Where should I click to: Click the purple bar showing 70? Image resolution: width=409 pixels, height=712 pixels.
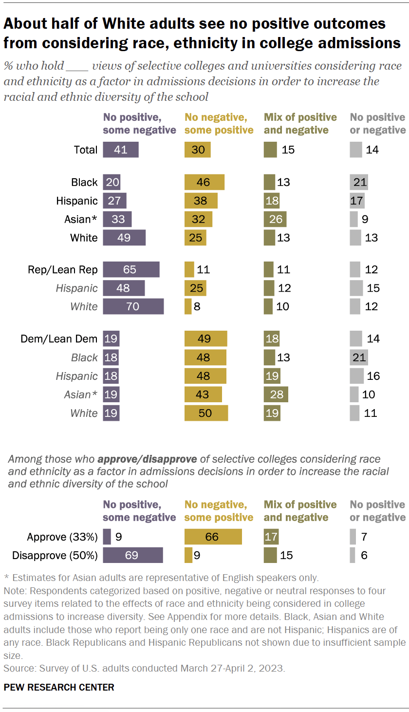133,307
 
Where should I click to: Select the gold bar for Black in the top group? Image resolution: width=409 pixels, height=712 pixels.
204,182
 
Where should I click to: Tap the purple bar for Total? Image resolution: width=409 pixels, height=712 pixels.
121,150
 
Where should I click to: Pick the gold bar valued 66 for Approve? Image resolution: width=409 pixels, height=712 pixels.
213,537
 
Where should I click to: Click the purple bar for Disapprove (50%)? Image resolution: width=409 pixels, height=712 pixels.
132,555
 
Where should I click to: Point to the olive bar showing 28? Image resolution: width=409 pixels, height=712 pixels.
276,394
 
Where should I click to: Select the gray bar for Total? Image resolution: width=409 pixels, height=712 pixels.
355,150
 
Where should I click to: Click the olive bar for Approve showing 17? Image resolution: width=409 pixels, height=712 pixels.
270,537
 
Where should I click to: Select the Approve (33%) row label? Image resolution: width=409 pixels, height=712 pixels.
62,537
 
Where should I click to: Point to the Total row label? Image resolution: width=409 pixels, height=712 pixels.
86,150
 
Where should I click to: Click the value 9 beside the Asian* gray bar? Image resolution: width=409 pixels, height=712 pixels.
365,219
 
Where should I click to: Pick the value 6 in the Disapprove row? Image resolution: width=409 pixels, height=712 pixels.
364,555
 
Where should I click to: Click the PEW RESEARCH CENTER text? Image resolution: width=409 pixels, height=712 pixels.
59,687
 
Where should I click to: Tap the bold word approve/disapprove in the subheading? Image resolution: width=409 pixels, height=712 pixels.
147,459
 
